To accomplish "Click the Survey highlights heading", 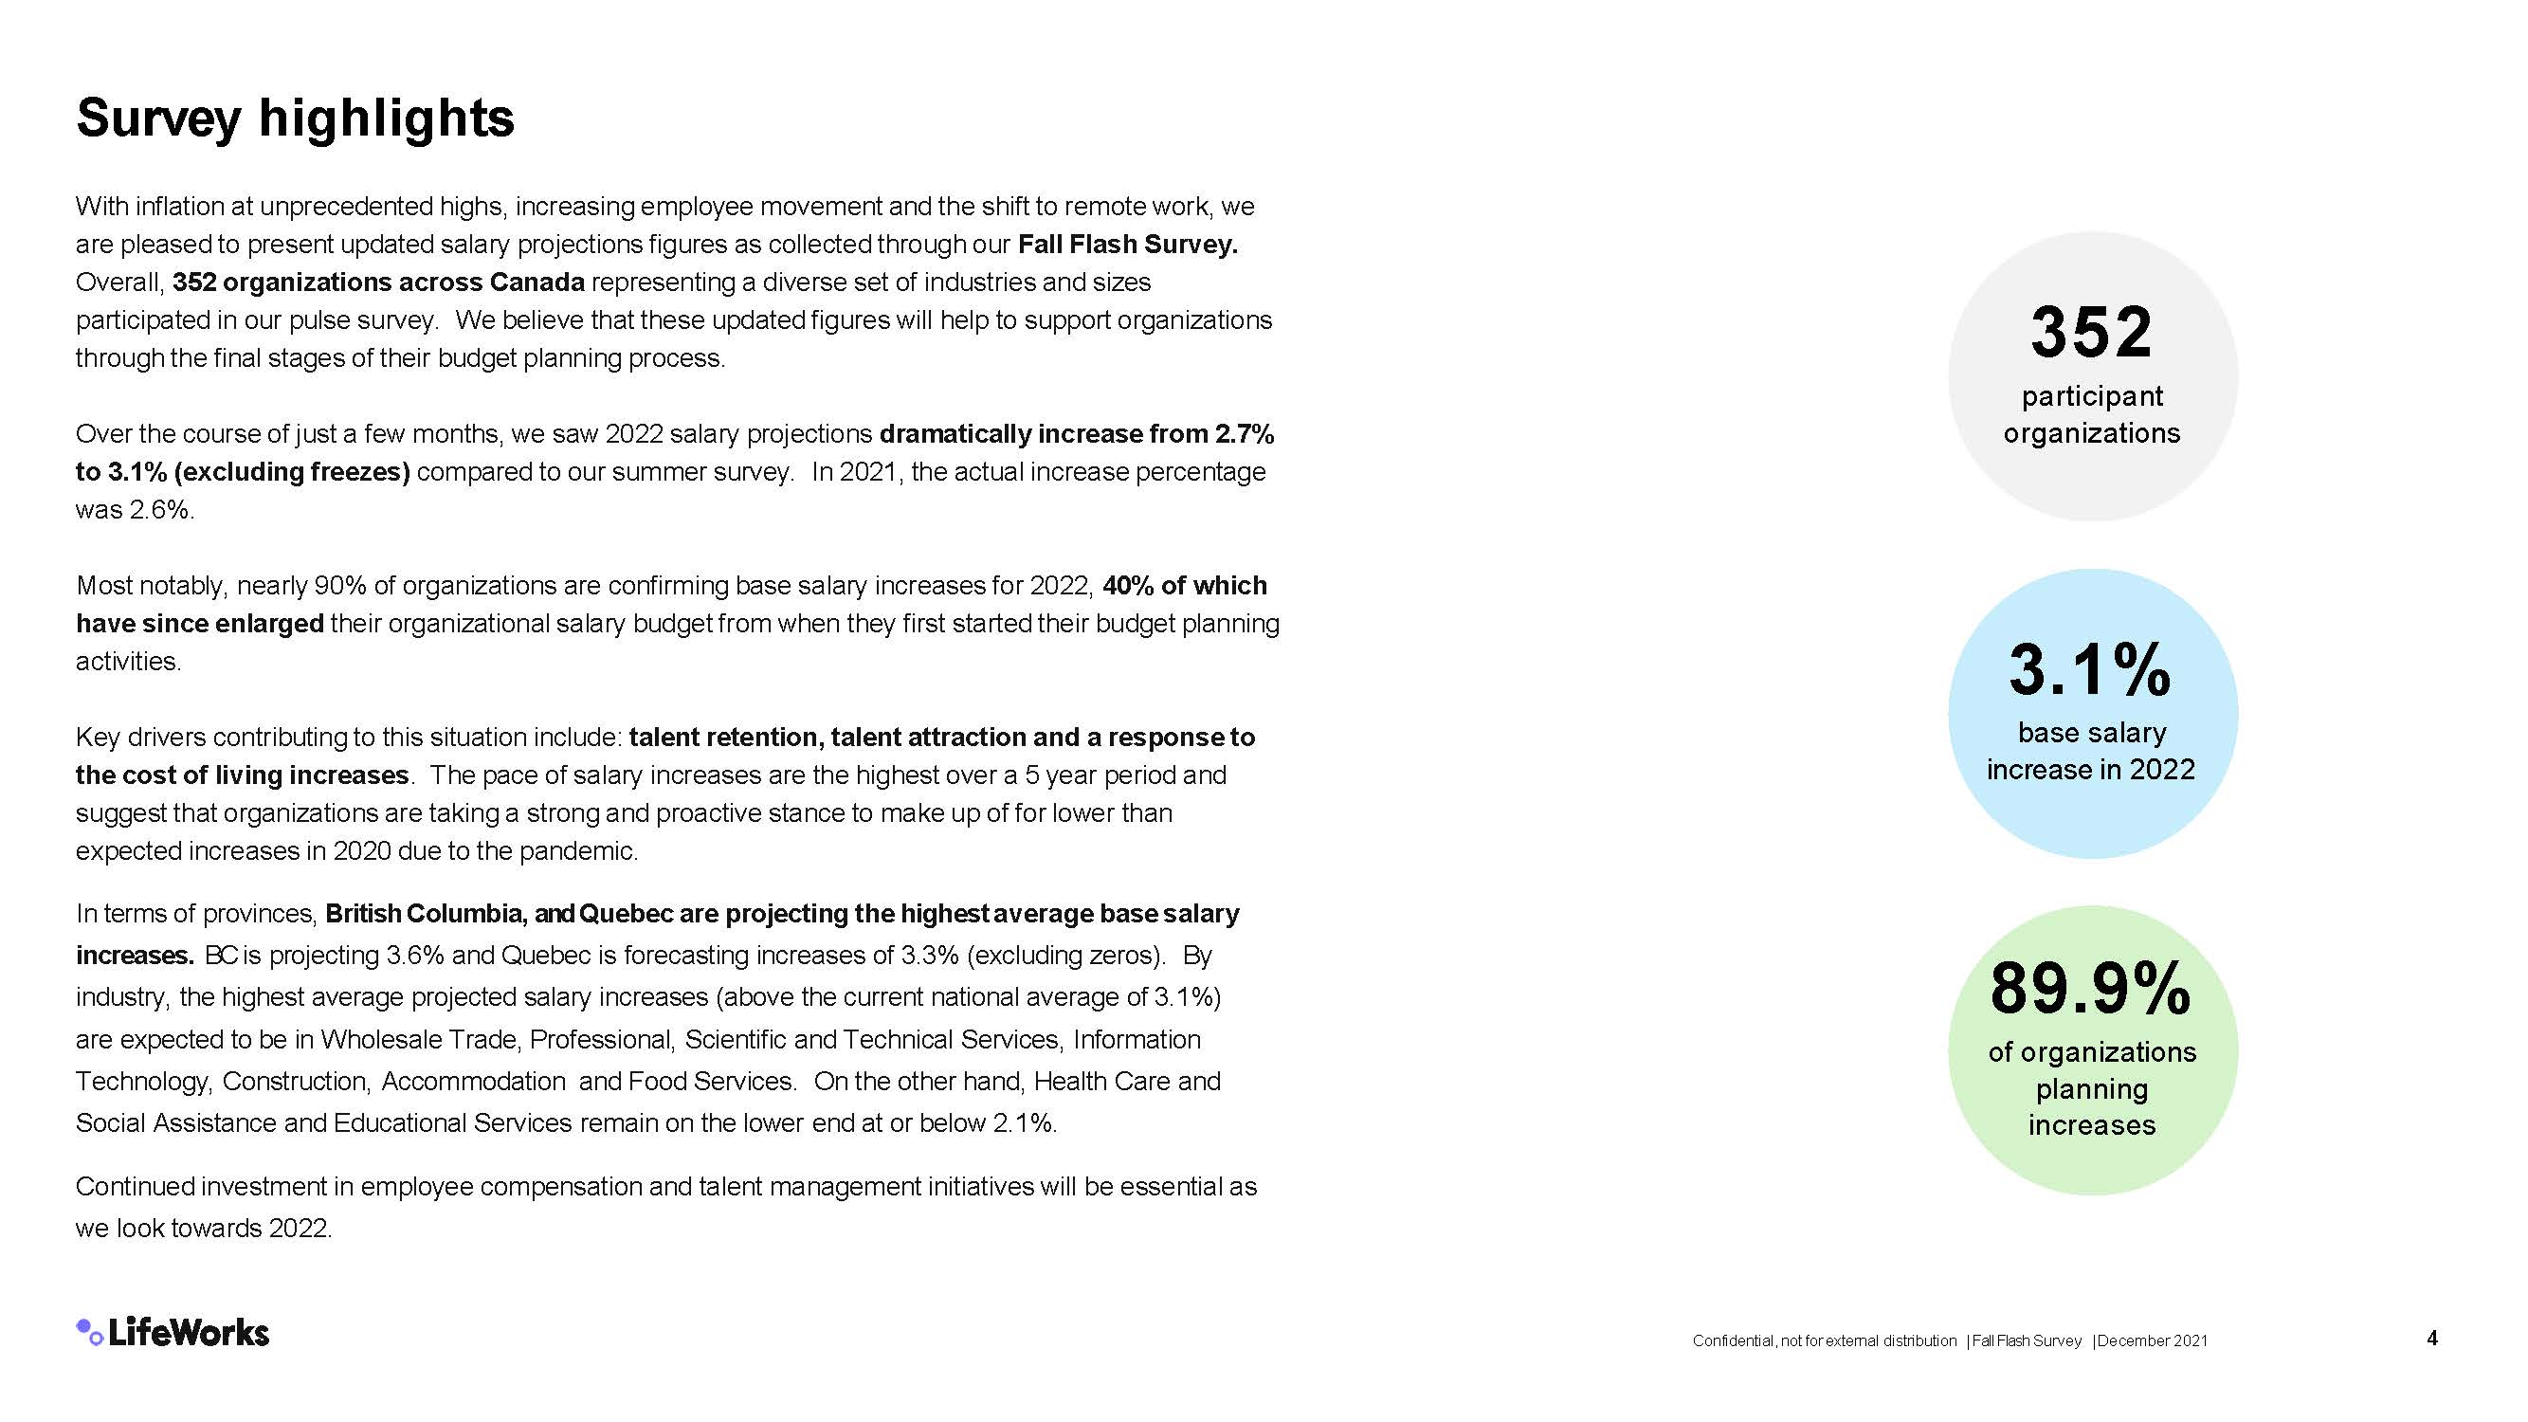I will tap(295, 118).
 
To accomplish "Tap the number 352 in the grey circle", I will tap(2091, 332).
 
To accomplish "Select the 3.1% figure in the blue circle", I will tap(2090, 670).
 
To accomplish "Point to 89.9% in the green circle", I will tap(2090, 988).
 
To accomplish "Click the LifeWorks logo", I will tap(173, 1332).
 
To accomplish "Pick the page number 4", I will tap(2432, 1339).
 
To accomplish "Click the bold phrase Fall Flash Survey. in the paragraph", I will tap(1128, 245).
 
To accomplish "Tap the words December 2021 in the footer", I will tap(2152, 1340).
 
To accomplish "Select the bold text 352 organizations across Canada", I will tap(379, 283).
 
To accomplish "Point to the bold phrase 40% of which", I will tap(1185, 586).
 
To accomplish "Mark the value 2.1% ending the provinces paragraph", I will tap(1024, 1122).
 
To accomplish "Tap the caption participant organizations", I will tap(2091, 414).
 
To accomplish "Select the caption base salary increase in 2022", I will tap(2091, 751).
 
